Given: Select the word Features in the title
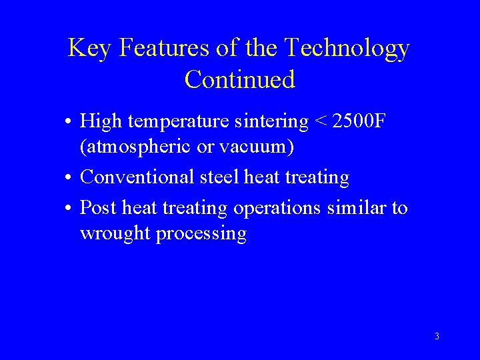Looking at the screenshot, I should (151, 49).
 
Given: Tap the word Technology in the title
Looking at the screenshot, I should (347, 49).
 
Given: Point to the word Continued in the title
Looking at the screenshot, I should (239, 79).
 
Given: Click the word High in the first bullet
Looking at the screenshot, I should (97, 122).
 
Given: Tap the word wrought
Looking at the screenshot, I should (114, 233).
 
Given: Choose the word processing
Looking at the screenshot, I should (201, 233).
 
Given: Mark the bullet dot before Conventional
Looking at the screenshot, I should (69, 178).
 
